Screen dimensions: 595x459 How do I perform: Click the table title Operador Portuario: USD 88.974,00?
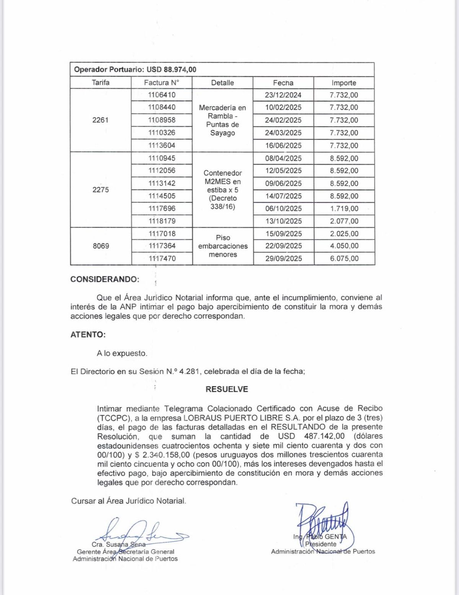(135, 70)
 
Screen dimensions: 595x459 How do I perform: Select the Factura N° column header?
(161, 83)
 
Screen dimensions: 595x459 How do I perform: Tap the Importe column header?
(344, 83)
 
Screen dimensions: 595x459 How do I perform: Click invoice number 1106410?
(162, 95)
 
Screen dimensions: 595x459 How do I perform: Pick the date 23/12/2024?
(283, 95)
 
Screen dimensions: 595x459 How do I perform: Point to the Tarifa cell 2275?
(101, 190)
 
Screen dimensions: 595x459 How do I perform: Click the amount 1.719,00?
(344, 209)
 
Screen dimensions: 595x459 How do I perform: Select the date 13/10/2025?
(283, 221)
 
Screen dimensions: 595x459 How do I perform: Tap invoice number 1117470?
(162, 258)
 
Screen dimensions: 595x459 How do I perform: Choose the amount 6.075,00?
(344, 258)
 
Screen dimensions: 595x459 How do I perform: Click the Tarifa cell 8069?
(101, 246)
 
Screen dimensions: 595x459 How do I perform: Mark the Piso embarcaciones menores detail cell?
(223, 246)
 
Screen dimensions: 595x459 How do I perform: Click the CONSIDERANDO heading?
(105, 279)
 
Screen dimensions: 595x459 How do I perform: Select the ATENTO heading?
(88, 335)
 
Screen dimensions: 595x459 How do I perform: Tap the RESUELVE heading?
(227, 389)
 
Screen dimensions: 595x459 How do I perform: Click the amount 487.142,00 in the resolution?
(324, 436)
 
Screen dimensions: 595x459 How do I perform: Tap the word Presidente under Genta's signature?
(321, 544)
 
